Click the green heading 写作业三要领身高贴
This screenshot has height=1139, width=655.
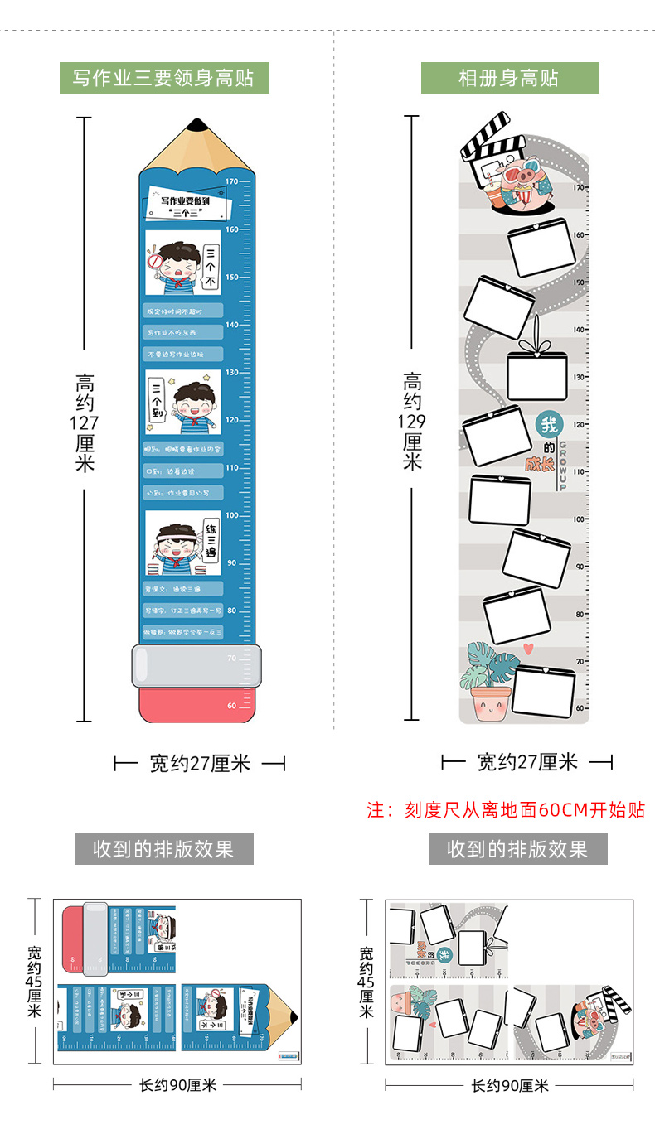tap(163, 79)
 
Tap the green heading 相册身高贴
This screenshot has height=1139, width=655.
tap(509, 79)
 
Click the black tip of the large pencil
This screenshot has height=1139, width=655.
tap(197, 125)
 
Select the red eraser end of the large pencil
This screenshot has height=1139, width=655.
tap(196, 705)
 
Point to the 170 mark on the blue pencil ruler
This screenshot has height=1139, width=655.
tap(232, 181)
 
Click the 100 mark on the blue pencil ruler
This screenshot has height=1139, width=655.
tap(232, 515)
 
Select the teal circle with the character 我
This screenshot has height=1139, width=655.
tap(549, 426)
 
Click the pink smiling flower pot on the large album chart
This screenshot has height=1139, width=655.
tap(488, 702)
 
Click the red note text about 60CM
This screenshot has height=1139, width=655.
tap(506, 810)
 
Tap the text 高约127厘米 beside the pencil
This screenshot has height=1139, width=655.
tap(85, 422)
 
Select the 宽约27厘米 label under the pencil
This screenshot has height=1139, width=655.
tap(200, 763)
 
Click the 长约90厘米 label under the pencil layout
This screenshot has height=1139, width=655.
tap(177, 1084)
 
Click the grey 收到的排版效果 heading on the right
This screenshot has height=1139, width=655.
tap(517, 849)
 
